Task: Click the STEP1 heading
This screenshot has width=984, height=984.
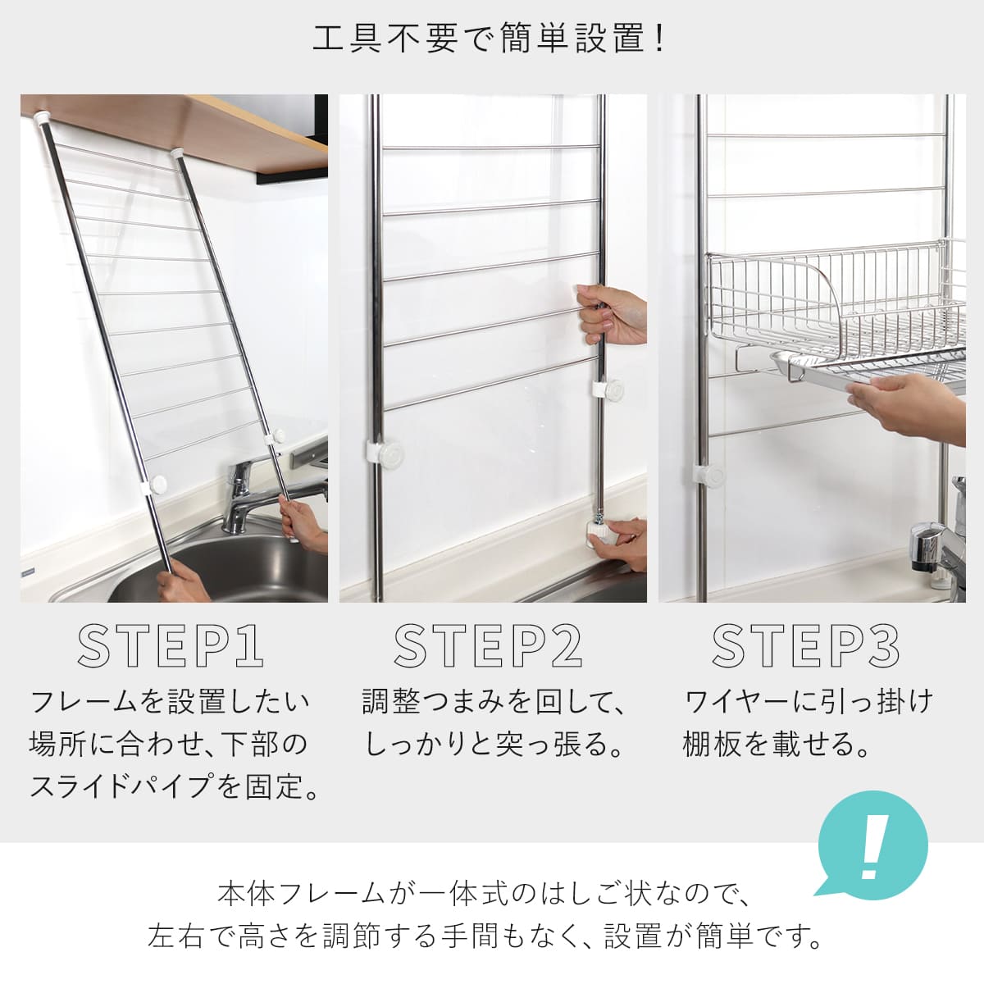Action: point(171,646)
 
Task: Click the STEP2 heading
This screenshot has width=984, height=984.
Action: point(488,646)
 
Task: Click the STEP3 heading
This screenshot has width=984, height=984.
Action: point(805,646)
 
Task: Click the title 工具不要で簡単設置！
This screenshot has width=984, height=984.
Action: point(490,39)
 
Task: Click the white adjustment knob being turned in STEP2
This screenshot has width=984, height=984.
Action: point(608,531)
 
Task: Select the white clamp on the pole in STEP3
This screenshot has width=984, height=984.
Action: point(708,475)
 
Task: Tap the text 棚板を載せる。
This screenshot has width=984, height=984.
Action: point(775,745)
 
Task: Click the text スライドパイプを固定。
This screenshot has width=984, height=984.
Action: point(174,787)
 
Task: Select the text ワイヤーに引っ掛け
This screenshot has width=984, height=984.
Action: point(808,702)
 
